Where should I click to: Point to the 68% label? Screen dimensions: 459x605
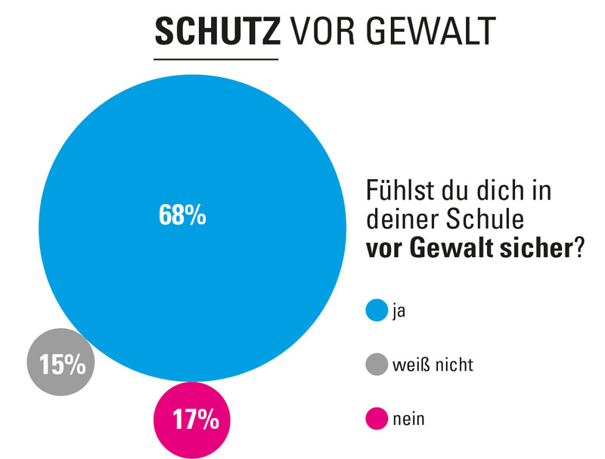click(x=182, y=216)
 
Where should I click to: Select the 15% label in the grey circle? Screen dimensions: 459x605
click(x=62, y=366)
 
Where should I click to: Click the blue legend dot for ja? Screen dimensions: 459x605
click(x=376, y=310)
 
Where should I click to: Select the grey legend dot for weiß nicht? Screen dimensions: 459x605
click(x=376, y=364)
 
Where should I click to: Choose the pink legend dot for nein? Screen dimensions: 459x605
click(x=376, y=418)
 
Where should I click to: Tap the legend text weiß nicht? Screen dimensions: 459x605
click(x=433, y=364)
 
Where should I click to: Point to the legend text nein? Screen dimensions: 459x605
click(x=409, y=418)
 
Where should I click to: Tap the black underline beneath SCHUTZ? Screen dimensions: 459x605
click(x=216, y=58)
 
